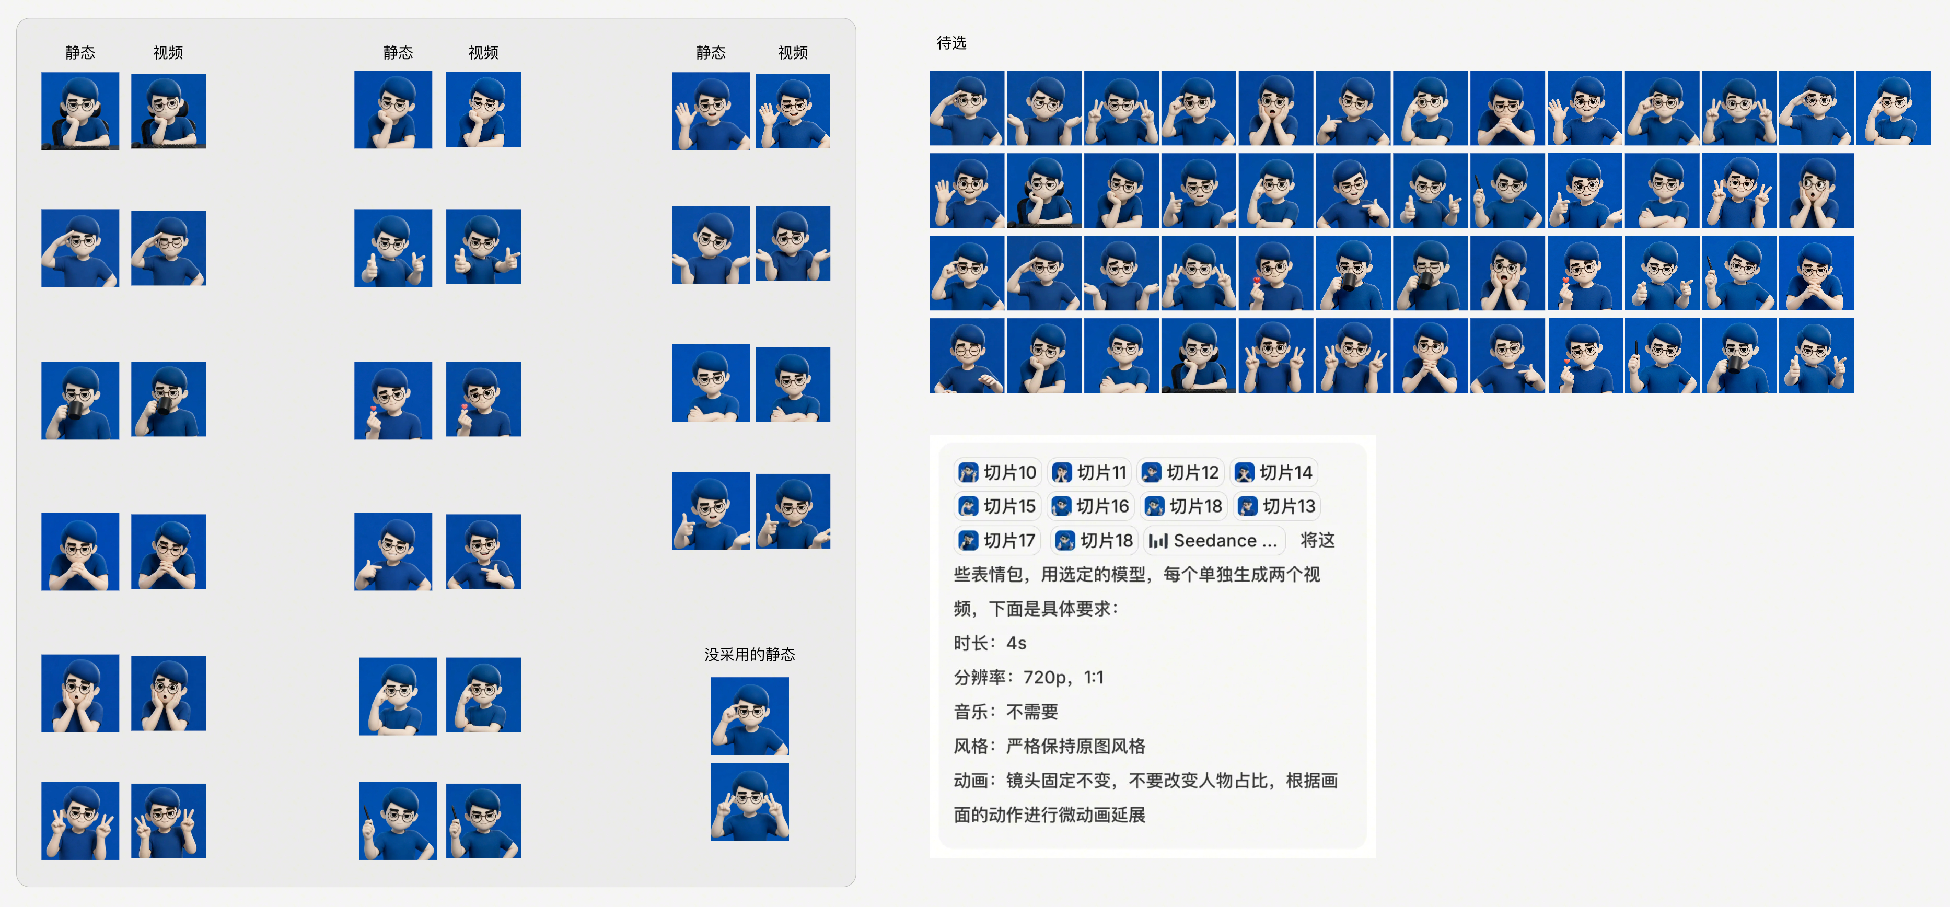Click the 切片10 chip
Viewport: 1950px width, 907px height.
[997, 472]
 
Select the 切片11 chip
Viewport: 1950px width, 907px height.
[1089, 472]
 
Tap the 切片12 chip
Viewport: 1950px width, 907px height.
[1180, 472]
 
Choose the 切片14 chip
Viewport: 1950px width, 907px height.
[1273, 472]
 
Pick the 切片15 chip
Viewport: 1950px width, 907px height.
[997, 506]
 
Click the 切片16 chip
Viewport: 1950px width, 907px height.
[1090, 506]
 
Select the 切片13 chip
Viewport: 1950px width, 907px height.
[1276, 506]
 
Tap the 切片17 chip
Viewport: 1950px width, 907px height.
[997, 541]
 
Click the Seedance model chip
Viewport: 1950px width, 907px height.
[1213, 541]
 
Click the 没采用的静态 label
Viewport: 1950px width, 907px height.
[749, 654]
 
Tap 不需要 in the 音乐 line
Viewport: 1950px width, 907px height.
[1032, 712]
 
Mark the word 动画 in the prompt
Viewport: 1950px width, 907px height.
[971, 780]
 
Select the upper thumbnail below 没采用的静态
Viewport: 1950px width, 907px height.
[749, 715]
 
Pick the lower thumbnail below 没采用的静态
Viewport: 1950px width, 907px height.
[749, 801]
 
